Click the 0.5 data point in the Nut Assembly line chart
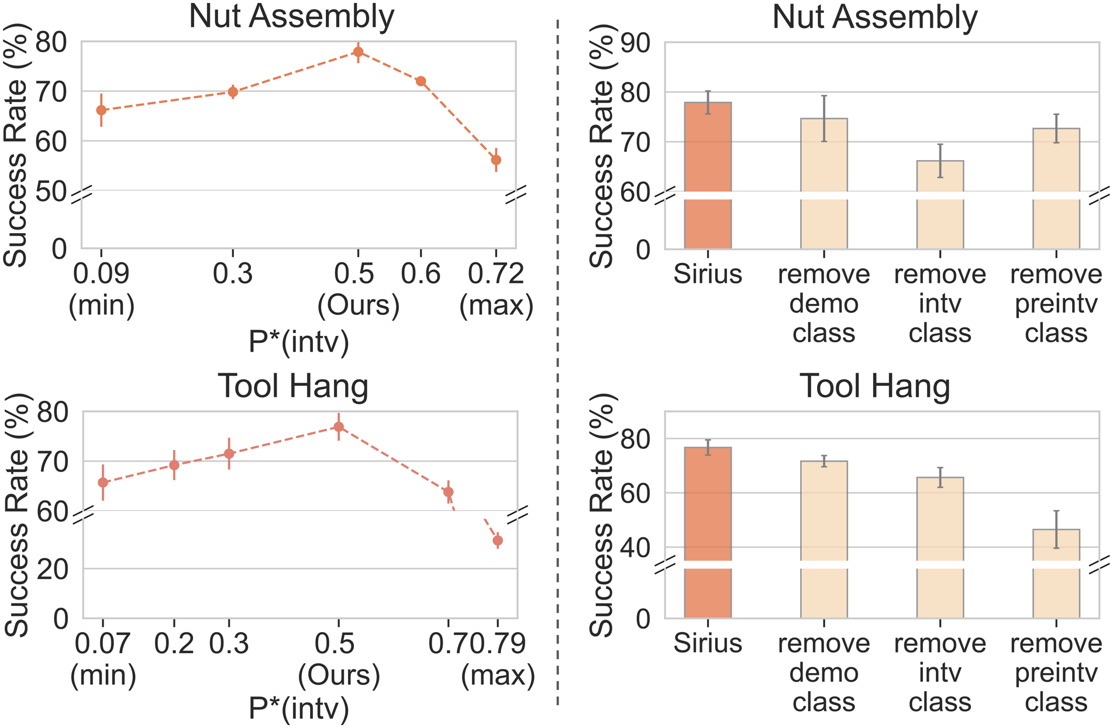coord(358,52)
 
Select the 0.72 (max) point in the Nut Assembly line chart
coord(496,160)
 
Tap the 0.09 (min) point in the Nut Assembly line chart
coord(101,110)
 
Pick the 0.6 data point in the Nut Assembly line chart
coord(421,81)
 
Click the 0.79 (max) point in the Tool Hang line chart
coord(498,540)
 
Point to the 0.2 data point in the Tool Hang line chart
coord(174,465)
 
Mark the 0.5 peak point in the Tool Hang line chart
coord(339,427)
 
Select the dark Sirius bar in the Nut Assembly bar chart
coord(708,175)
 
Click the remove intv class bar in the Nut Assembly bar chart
coord(940,204)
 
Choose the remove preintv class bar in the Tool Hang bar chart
coord(1056,574)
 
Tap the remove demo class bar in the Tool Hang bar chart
coord(823,539)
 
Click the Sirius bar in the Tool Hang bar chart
coord(708,533)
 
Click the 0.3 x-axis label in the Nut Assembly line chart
coord(232,273)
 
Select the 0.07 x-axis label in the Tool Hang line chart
coord(102,643)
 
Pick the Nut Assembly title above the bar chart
coord(874,17)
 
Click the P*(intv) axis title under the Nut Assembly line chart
coord(299,341)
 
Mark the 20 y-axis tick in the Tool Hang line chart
coord(53,568)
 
